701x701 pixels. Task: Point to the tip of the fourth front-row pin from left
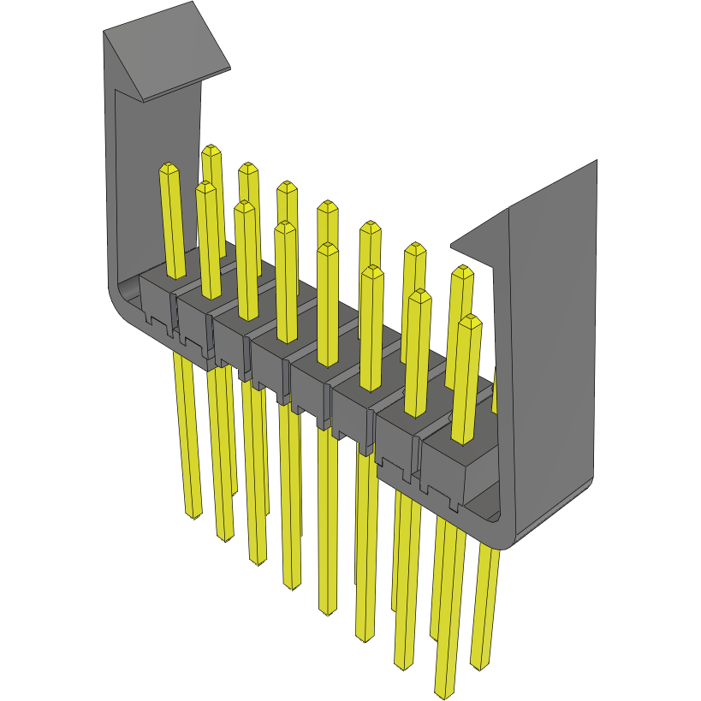(x=285, y=227)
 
